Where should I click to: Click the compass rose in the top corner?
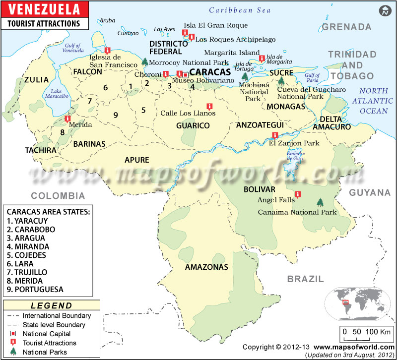click(x=384, y=11)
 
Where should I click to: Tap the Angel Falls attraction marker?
click(x=297, y=194)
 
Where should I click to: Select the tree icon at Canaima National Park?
click(x=320, y=202)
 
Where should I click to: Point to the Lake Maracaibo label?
click(x=60, y=94)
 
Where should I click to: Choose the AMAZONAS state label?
click(x=206, y=267)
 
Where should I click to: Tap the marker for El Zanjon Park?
click(x=281, y=136)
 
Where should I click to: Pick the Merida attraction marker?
click(x=67, y=119)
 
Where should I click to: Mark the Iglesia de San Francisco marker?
click(x=107, y=50)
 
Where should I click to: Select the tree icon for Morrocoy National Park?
click(x=144, y=62)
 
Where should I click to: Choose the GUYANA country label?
click(x=369, y=192)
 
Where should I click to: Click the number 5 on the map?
click(x=143, y=110)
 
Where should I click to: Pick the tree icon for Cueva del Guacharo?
click(x=281, y=80)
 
